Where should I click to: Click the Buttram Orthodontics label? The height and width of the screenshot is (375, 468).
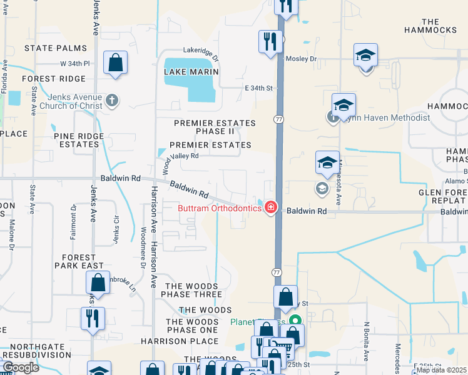pyautogui.click(x=219, y=208)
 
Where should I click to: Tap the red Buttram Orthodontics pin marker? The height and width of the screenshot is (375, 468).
pyautogui.click(x=270, y=207)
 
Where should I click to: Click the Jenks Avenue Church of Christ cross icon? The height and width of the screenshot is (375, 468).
pyautogui.click(x=111, y=100)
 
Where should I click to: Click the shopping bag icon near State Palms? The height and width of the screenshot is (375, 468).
pyautogui.click(x=116, y=63)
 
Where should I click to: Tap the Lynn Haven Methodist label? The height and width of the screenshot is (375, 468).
pyautogui.click(x=385, y=117)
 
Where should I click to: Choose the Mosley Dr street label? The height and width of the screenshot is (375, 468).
pyautogui.click(x=302, y=59)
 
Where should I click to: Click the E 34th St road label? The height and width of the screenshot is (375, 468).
pyautogui.click(x=259, y=88)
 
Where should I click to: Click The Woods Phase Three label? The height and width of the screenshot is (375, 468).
pyautogui.click(x=193, y=290)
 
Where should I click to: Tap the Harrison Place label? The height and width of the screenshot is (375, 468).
pyautogui.click(x=180, y=341)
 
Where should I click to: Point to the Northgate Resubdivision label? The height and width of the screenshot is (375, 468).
pyautogui.click(x=41, y=351)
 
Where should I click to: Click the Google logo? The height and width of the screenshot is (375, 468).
pyautogui.click(x=21, y=367)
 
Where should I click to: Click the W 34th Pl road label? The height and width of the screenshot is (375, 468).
pyautogui.click(x=75, y=64)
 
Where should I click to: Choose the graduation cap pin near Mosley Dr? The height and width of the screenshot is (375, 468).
pyautogui.click(x=365, y=56)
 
